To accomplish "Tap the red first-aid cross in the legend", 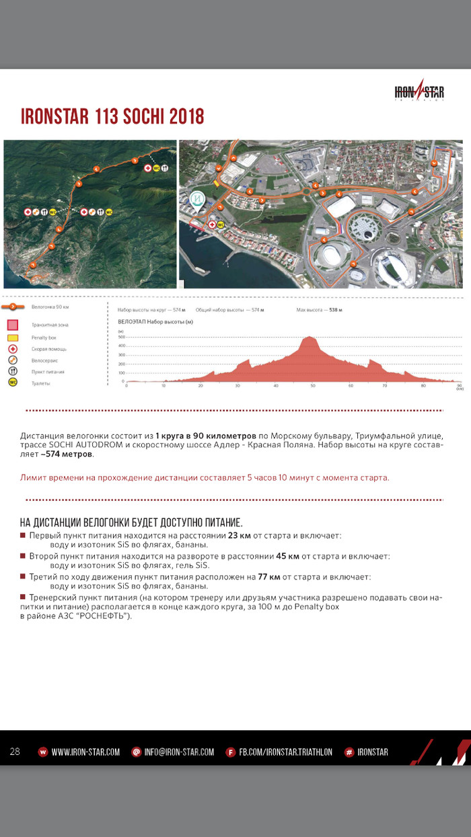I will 12,349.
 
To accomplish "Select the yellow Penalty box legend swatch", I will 12,337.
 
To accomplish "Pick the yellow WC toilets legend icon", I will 12,383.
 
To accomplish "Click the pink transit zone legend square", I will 12,325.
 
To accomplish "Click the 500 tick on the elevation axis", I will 121,337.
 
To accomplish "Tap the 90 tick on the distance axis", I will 459,385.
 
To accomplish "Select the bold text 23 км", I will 239,536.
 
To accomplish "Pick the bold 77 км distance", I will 268,577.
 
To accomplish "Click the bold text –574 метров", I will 67,454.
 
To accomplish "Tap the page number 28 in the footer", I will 15,752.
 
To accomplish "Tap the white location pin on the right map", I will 197,200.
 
